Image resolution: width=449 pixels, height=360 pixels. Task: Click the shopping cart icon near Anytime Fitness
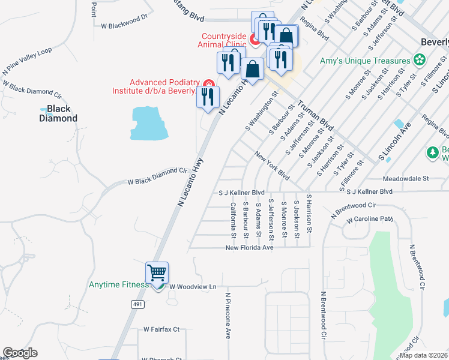157,273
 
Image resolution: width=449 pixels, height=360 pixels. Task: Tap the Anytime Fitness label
118,285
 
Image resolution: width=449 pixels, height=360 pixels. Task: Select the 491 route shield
137,305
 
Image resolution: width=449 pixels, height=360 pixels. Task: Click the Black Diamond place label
59,113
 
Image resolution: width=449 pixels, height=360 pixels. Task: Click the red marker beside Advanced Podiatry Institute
209,83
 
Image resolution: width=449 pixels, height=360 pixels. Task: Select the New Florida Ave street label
249,247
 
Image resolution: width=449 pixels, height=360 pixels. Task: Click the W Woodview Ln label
192,287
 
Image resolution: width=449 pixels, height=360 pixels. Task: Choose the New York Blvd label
272,166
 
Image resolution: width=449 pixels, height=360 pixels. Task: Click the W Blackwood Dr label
124,22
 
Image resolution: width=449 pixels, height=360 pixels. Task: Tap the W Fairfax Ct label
161,329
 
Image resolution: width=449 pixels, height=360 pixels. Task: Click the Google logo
20,353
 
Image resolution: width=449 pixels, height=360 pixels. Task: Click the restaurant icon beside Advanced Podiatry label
208,97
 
